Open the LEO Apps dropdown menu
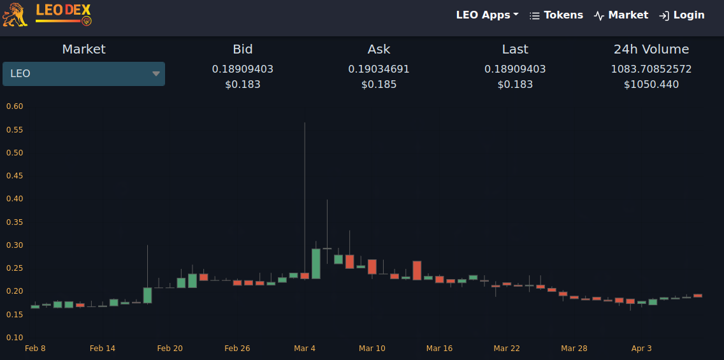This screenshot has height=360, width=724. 487,15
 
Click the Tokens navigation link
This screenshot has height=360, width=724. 556,15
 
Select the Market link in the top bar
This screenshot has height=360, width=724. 621,15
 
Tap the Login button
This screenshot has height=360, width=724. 681,15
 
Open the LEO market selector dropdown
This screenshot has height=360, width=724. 83,74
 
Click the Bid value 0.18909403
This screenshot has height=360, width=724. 243,69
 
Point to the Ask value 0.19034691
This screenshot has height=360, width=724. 379,69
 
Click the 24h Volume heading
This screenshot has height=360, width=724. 651,50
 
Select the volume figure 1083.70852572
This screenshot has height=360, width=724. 651,69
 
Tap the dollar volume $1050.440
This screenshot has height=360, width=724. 651,85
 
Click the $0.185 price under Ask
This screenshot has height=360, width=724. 379,85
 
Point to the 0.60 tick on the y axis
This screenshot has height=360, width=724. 15,106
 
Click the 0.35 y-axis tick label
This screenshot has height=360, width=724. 15,222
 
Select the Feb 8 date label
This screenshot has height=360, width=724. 35,349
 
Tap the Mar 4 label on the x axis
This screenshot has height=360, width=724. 305,349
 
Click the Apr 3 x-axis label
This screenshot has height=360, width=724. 641,349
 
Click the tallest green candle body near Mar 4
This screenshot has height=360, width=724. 316,264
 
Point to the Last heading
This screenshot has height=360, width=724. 516,50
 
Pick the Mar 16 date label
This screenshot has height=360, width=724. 440,349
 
